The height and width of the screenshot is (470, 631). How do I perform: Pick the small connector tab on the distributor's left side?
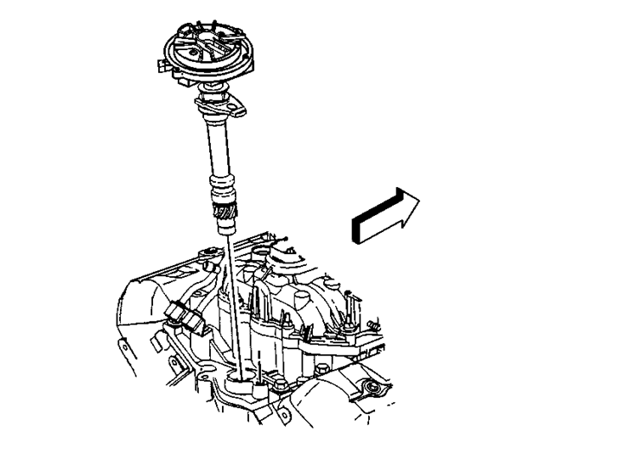coord(165,63)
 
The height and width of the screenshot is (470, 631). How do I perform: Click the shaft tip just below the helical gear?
coord(228,228)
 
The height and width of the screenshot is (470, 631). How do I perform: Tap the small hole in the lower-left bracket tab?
coord(125,345)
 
